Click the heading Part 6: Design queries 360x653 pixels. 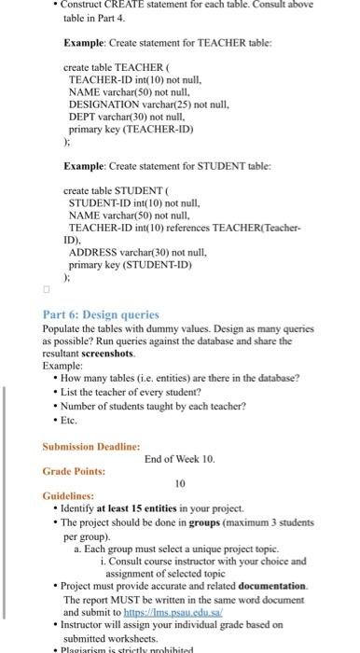(88, 314)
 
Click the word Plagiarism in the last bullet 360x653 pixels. (85, 647)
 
